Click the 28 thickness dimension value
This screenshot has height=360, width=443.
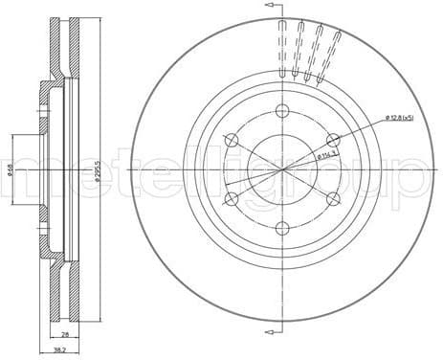coord(64,335)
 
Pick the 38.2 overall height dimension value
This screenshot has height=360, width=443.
coord(59,351)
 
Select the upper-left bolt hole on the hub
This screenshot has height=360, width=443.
coord(231,140)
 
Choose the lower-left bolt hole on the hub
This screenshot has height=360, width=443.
coord(231,198)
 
